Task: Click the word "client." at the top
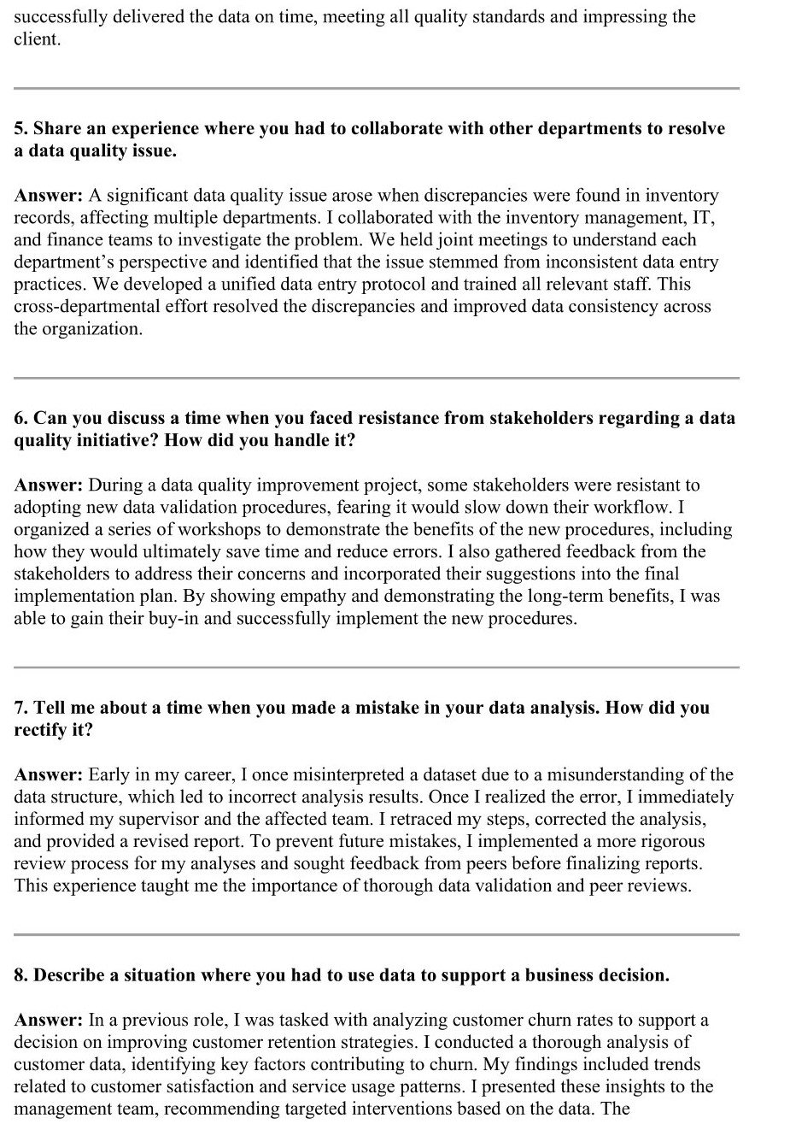point(37,39)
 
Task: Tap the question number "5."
point(21,129)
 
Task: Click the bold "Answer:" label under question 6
point(48,485)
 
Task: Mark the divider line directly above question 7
point(376,668)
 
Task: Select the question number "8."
point(21,975)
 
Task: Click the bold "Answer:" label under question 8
point(48,1020)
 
